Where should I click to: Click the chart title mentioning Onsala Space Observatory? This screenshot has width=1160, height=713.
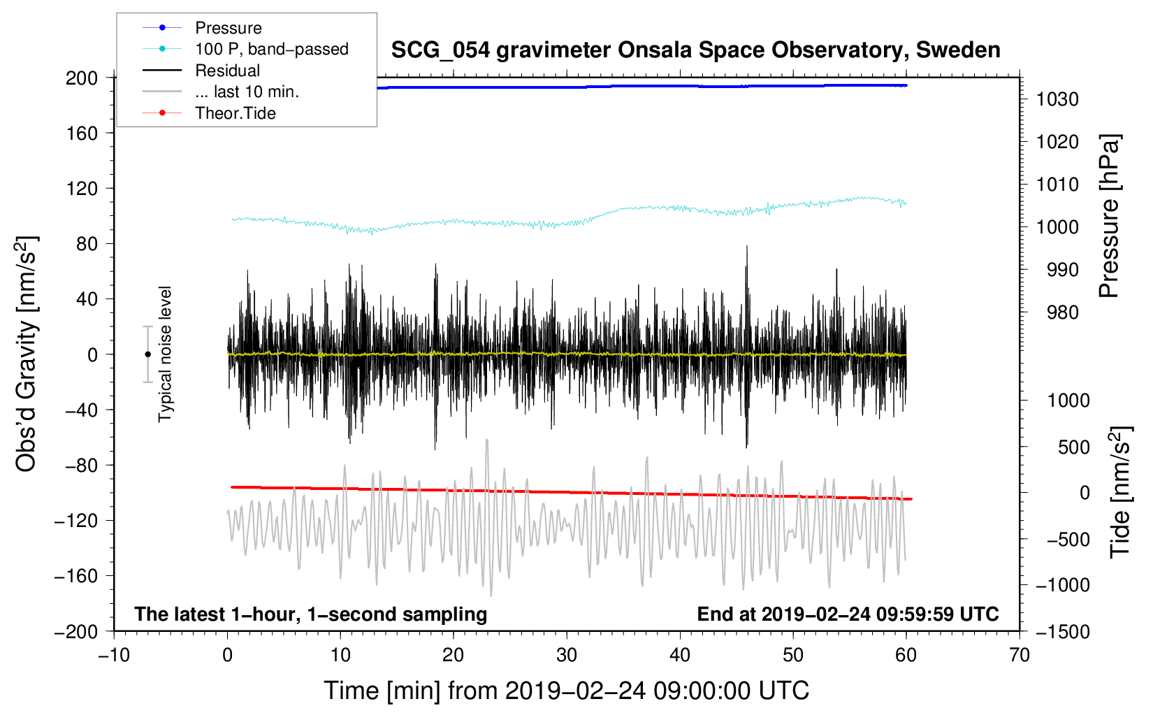click(x=695, y=50)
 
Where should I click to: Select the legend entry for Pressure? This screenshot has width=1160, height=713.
click(x=229, y=28)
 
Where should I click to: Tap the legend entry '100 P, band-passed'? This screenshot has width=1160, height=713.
click(x=271, y=49)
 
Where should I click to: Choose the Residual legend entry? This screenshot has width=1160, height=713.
click(x=227, y=71)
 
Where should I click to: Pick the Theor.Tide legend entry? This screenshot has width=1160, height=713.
click(x=235, y=113)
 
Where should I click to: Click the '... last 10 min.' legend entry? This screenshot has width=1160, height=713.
click(x=247, y=92)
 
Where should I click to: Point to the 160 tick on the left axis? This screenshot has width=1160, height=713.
click(x=82, y=133)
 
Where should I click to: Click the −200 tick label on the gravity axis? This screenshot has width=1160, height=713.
click(x=76, y=631)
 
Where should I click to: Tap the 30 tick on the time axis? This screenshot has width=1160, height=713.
click(x=567, y=655)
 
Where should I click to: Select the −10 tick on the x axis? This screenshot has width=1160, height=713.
click(x=114, y=655)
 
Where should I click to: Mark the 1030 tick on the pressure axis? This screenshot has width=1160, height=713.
click(x=1057, y=99)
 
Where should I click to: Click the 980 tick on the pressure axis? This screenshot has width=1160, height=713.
click(x=1062, y=312)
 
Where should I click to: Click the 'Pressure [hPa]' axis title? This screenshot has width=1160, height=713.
click(x=1109, y=216)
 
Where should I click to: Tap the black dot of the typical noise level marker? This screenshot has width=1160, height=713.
click(x=147, y=354)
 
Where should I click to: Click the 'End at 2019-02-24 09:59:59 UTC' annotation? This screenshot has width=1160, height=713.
click(x=848, y=614)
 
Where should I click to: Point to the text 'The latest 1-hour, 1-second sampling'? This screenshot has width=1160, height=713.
click(x=311, y=614)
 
